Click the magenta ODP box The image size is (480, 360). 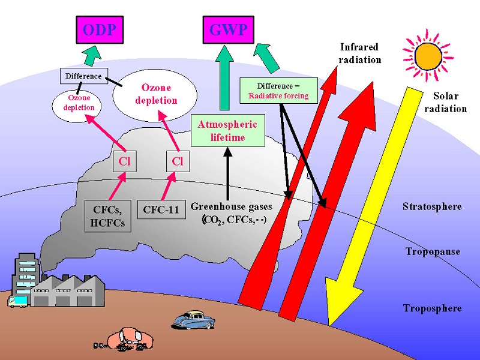[100, 29]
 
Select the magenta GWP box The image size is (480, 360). [229, 29]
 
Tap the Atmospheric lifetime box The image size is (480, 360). [228, 131]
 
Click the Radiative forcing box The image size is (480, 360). [278, 91]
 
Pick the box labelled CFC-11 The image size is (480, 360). [161, 209]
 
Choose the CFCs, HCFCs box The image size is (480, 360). [108, 216]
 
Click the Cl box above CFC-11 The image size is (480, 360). [178, 161]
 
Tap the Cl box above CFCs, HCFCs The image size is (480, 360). [125, 161]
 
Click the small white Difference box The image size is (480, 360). [83, 76]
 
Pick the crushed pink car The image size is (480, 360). [128, 338]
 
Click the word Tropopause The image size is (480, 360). [433, 251]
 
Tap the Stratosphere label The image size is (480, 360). [432, 206]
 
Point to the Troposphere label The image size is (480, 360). [432, 308]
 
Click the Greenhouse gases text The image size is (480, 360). [232, 206]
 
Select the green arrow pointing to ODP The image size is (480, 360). [92, 56]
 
